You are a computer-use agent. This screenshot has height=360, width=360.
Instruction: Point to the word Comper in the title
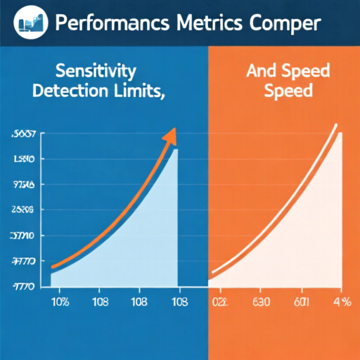click(x=281, y=23)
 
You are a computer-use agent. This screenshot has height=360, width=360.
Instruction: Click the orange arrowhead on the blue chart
click(x=169, y=136)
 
